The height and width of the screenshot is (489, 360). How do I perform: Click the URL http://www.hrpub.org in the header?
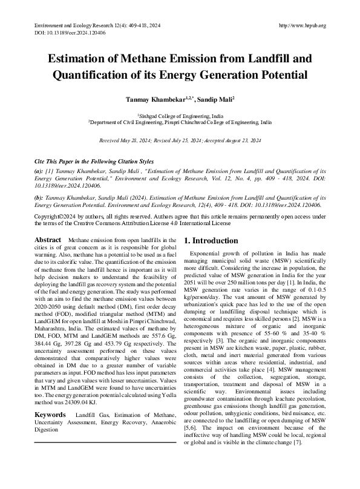pyautogui.click(x=302, y=25)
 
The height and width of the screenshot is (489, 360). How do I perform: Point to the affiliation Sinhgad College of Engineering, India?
pyautogui.click(x=180, y=115)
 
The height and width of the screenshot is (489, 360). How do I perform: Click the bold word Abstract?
pyautogui.click(x=49, y=240)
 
